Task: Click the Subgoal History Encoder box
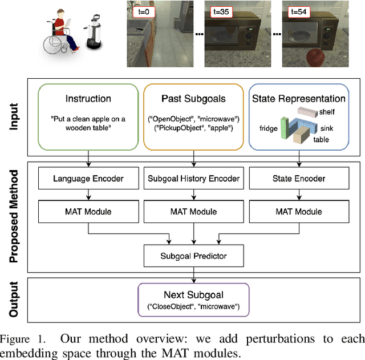[x=194, y=179]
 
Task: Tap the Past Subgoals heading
[x=194, y=98]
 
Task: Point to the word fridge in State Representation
[x=269, y=128]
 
